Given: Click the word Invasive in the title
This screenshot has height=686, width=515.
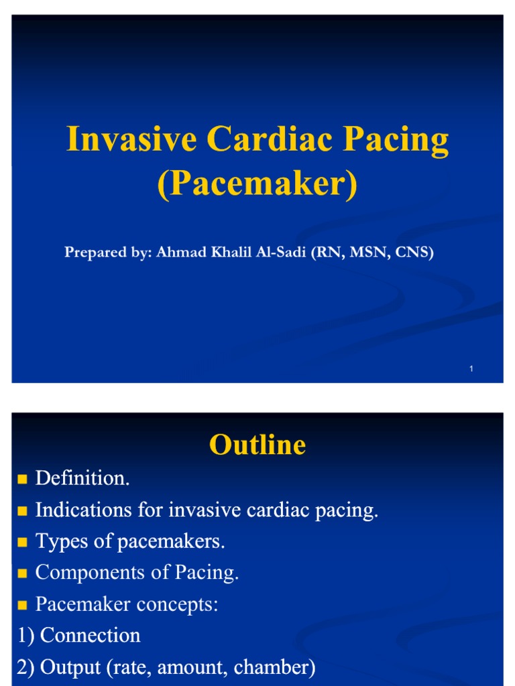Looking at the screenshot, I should [x=131, y=140].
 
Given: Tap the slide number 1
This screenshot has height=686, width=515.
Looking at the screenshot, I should [x=472, y=369].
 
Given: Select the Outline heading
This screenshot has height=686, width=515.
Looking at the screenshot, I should [x=257, y=445].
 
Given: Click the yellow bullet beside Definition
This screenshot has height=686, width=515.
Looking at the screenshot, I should [x=23, y=479].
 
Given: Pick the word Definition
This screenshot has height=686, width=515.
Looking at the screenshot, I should [x=81, y=478].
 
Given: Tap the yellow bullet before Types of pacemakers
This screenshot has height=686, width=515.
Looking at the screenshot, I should [x=23, y=542].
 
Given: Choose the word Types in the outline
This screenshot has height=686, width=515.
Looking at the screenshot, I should [x=57, y=541].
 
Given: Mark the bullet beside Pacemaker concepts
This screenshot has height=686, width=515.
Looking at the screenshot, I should [x=23, y=605].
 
